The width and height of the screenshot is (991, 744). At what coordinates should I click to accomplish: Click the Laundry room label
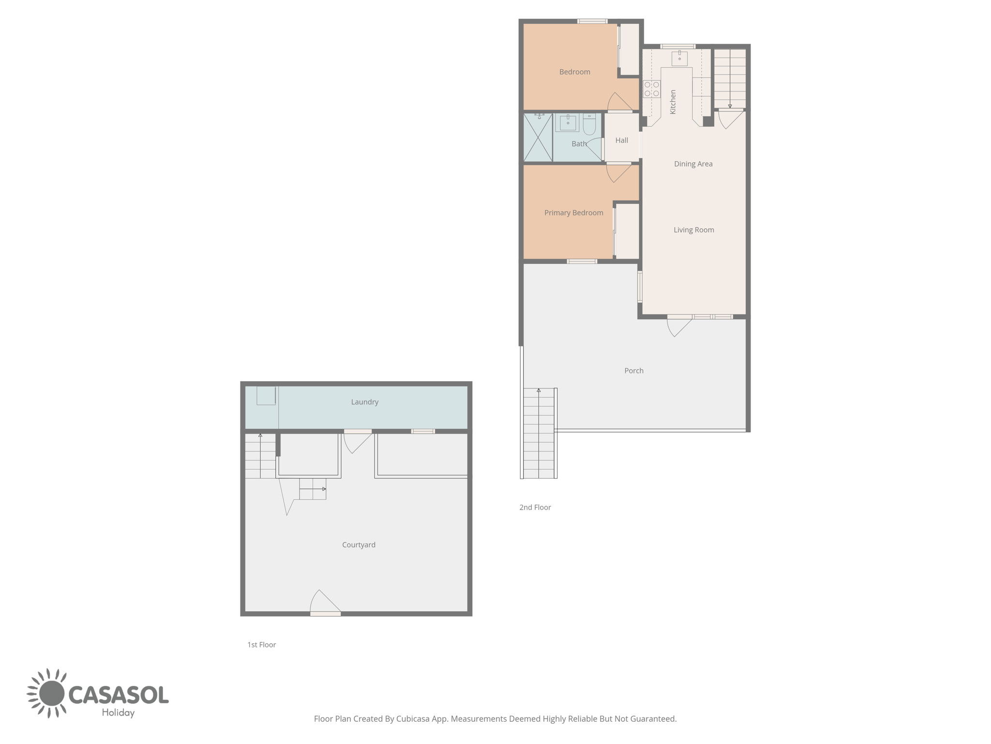[x=365, y=402]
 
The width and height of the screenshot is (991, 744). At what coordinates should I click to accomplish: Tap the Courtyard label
[x=359, y=545]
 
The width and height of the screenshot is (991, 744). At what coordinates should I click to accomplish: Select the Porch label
[x=634, y=371]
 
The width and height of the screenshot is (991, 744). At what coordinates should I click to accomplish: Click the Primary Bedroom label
[x=573, y=213]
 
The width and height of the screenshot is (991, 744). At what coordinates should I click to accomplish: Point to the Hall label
[x=622, y=140]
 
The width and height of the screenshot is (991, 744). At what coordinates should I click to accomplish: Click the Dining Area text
[x=693, y=164]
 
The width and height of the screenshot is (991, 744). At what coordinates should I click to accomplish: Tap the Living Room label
[x=694, y=230]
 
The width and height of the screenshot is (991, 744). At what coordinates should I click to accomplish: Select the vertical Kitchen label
[x=673, y=102]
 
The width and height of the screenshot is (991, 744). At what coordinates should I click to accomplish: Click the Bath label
[x=579, y=144]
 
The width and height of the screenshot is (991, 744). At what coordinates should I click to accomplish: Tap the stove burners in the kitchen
[x=651, y=89]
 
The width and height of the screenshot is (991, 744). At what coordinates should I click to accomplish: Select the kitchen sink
[x=679, y=58]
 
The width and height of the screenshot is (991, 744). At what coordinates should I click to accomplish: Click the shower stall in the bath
[x=538, y=138]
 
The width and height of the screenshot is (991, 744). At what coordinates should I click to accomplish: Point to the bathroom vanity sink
[x=568, y=123]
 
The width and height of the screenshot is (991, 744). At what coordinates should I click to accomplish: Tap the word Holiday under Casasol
[x=118, y=713]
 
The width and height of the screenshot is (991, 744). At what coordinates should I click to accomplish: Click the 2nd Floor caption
[x=535, y=508]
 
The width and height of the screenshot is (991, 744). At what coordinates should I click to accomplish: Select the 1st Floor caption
[x=261, y=645]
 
